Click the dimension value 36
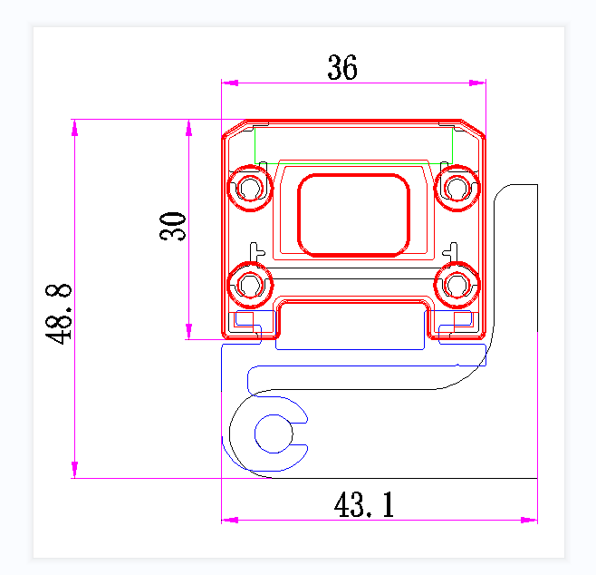pos(342,68)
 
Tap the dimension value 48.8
pos(60,313)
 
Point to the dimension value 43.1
pos(364,505)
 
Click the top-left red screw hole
pos(250,188)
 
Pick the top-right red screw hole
pos(457,188)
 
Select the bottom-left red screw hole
pos(250,285)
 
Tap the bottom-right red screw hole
pos(457,285)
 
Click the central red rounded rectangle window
pos(354,214)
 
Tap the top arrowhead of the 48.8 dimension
pos(74,127)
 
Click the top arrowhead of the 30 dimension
pos(188,127)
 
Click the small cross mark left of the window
pos(255,247)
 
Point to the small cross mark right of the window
pos(451,247)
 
